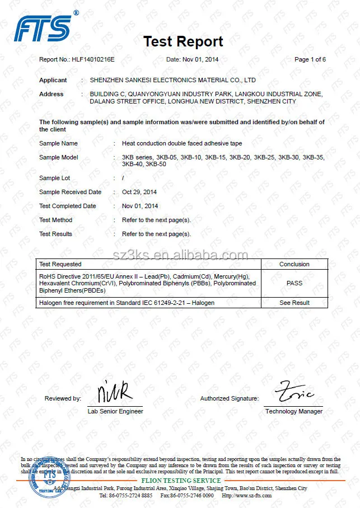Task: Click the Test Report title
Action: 183,41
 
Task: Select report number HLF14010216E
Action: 93,59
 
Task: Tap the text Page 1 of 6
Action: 310,59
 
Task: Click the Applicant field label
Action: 53,80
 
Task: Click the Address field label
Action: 51,94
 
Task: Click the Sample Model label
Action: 58,157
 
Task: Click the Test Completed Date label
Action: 67,206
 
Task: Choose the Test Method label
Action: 55,220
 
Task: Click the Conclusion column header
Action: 294,264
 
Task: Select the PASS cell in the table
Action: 294,283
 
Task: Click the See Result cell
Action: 294,303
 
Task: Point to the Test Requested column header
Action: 60,264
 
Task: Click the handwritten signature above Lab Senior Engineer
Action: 114,392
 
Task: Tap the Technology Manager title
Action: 293,411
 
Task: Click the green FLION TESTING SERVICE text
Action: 181,481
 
